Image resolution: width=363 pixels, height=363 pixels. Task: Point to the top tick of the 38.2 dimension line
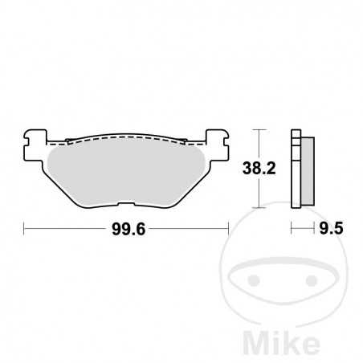[257, 130]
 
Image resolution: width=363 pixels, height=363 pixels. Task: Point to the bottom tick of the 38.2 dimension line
[257, 207]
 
